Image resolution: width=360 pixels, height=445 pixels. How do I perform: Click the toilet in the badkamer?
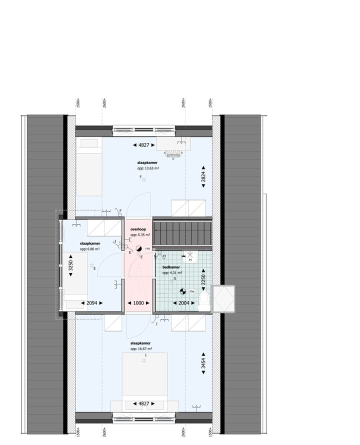(x=203, y=300)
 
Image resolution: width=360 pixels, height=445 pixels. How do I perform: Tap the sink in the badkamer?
(x=190, y=257)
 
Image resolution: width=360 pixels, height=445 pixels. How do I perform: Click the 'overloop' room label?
(x=137, y=228)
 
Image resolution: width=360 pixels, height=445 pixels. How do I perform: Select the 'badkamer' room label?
(x=172, y=267)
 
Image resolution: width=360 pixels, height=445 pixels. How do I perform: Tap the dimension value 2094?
(x=91, y=303)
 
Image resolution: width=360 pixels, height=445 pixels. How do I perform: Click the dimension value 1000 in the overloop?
(x=137, y=303)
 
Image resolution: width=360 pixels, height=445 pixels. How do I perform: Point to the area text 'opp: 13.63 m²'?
(x=148, y=168)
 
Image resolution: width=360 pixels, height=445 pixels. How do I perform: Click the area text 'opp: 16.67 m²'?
(x=141, y=349)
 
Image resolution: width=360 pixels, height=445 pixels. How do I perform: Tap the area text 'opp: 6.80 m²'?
(x=90, y=248)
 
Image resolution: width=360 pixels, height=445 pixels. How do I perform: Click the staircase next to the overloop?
(x=182, y=234)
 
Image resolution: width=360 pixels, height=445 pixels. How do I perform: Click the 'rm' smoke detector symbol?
(x=139, y=248)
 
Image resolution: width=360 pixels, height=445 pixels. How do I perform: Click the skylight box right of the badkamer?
(x=223, y=298)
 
